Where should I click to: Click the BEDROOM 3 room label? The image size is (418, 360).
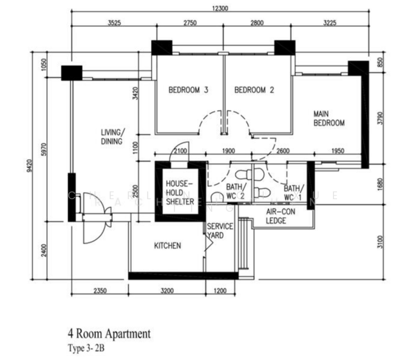pyautogui.click(x=188, y=91)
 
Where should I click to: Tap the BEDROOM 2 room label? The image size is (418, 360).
pyautogui.click(x=254, y=91)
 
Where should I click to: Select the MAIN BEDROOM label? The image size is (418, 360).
pyautogui.click(x=329, y=118)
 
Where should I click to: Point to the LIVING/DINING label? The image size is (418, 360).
pyautogui.click(x=112, y=137)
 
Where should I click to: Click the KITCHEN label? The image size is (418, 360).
pyautogui.click(x=167, y=246)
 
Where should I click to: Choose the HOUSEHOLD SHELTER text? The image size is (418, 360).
pyautogui.click(x=180, y=192)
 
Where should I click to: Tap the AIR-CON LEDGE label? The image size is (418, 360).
pyautogui.click(x=276, y=217)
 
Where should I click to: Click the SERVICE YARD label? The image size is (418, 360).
pyautogui.click(x=215, y=231)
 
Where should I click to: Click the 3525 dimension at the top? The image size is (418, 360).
pyautogui.click(x=115, y=23)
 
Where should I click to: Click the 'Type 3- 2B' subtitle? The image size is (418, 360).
pyautogui.click(x=88, y=347)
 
